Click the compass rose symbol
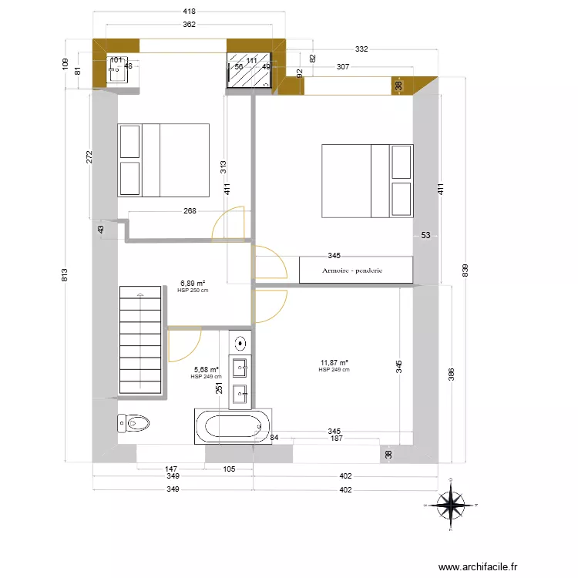coord(452,505)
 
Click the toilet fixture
coord(134,423)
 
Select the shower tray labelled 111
coord(249,71)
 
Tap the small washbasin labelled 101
coord(117,70)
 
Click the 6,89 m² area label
coord(192,284)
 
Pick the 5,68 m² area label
coord(206,369)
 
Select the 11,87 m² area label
coord(334,362)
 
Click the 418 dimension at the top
coord(189,12)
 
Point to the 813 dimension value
coord(66,274)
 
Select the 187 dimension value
coord(336,439)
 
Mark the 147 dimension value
coord(171,469)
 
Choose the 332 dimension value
coord(361,49)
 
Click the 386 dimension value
coord(452,374)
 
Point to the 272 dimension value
coord(90,156)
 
